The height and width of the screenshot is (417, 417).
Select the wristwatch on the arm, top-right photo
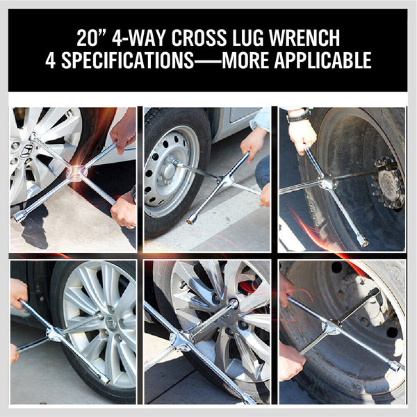point(298,115)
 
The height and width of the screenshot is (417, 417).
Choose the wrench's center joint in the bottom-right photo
point(334,327)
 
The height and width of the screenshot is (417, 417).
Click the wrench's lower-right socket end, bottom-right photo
point(394,365)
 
